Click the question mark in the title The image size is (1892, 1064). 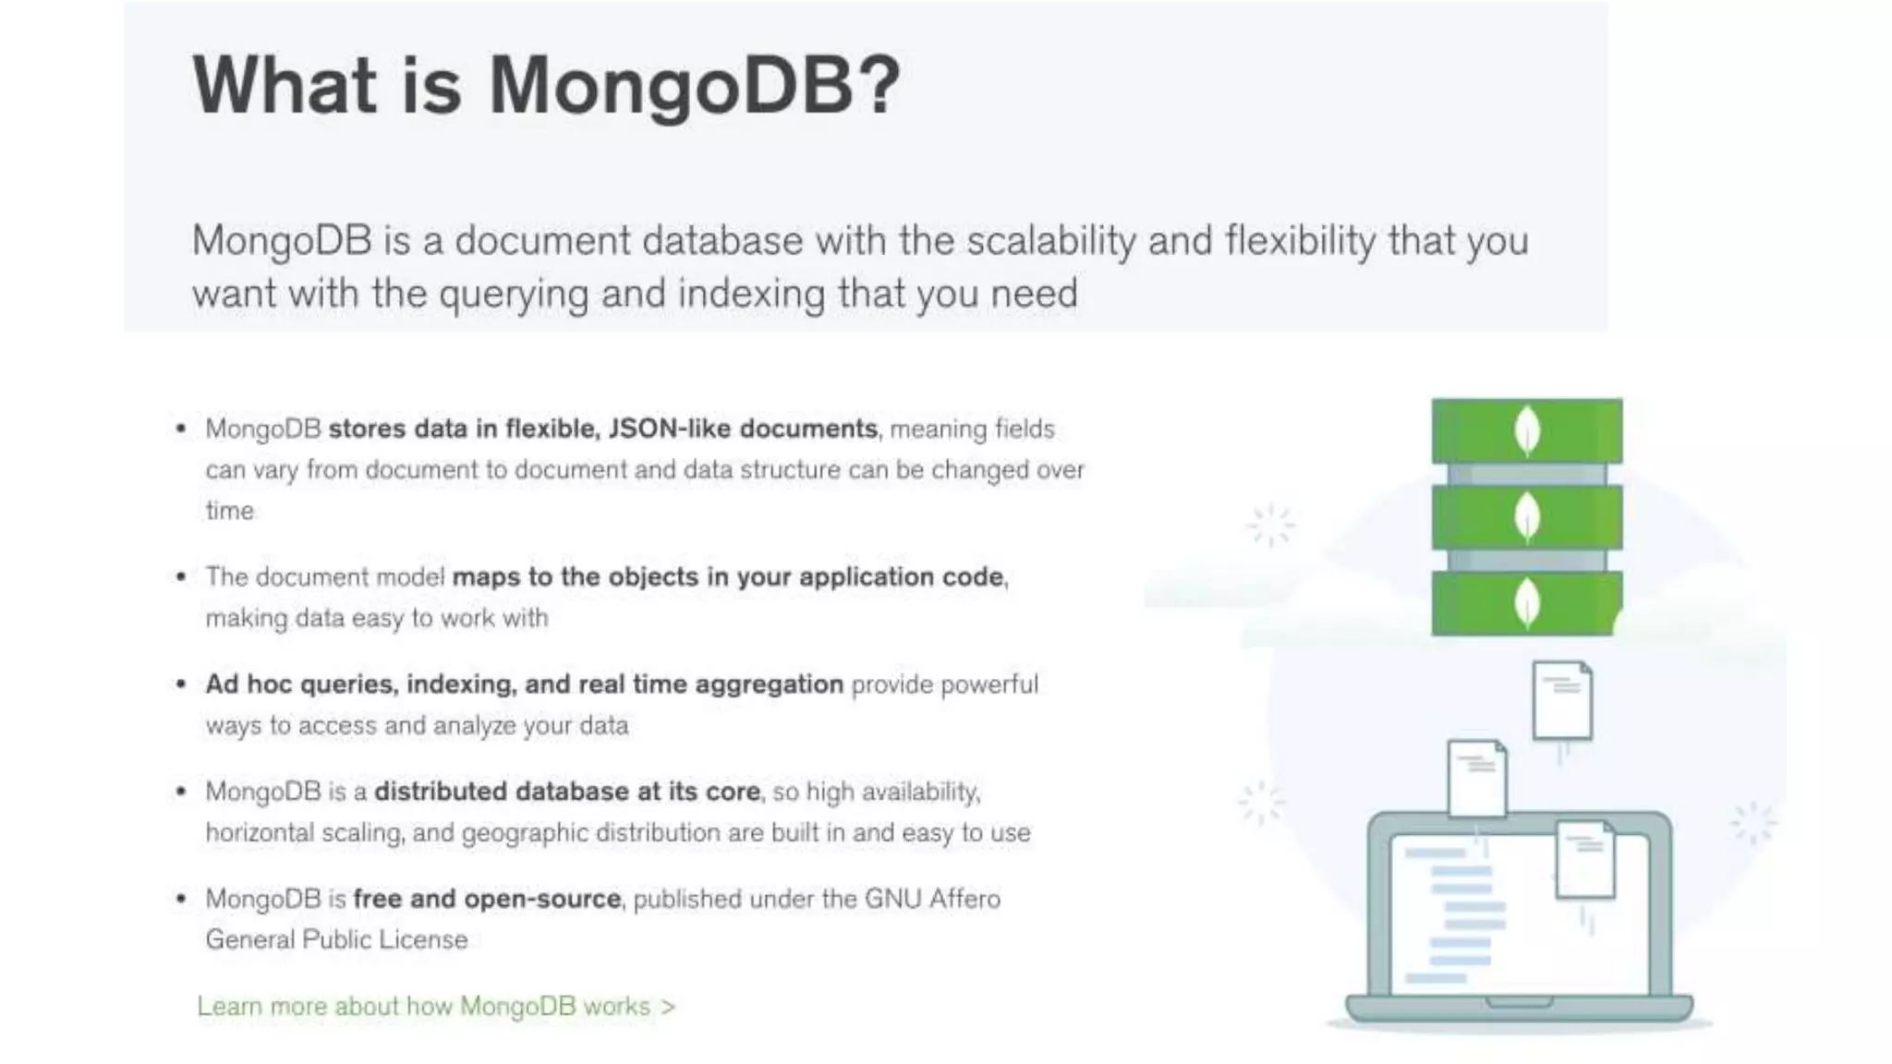click(x=881, y=85)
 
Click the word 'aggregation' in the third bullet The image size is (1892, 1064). click(x=769, y=684)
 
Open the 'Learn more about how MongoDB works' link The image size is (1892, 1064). click(x=436, y=1006)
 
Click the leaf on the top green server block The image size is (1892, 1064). click(x=1527, y=431)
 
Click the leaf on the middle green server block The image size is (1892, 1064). click(x=1527, y=518)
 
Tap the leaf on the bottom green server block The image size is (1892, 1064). click(x=1527, y=604)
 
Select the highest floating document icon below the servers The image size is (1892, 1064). click(x=1561, y=700)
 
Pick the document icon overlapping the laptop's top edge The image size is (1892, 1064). click(x=1477, y=779)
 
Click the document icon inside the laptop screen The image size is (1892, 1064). click(x=1585, y=860)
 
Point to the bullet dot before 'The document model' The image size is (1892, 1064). click(x=181, y=577)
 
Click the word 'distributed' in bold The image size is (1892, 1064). click(x=440, y=792)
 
